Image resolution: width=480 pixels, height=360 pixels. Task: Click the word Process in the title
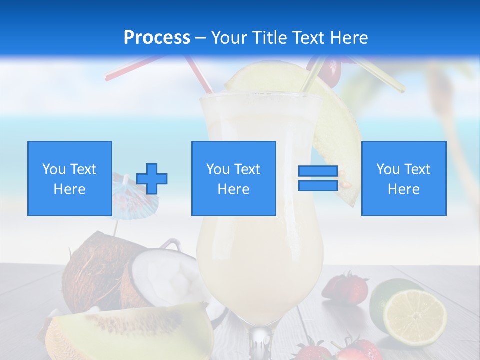tap(157, 38)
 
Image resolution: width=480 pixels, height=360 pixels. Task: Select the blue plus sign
tap(152, 179)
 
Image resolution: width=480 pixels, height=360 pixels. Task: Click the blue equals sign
tap(318, 178)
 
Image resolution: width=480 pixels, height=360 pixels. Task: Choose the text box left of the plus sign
tap(69, 178)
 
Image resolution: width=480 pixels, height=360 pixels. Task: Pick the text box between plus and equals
tap(233, 178)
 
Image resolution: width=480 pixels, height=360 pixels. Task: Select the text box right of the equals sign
tap(403, 178)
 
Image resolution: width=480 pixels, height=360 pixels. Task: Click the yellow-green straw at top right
tap(380, 75)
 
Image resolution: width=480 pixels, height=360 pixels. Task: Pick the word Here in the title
tap(349, 38)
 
